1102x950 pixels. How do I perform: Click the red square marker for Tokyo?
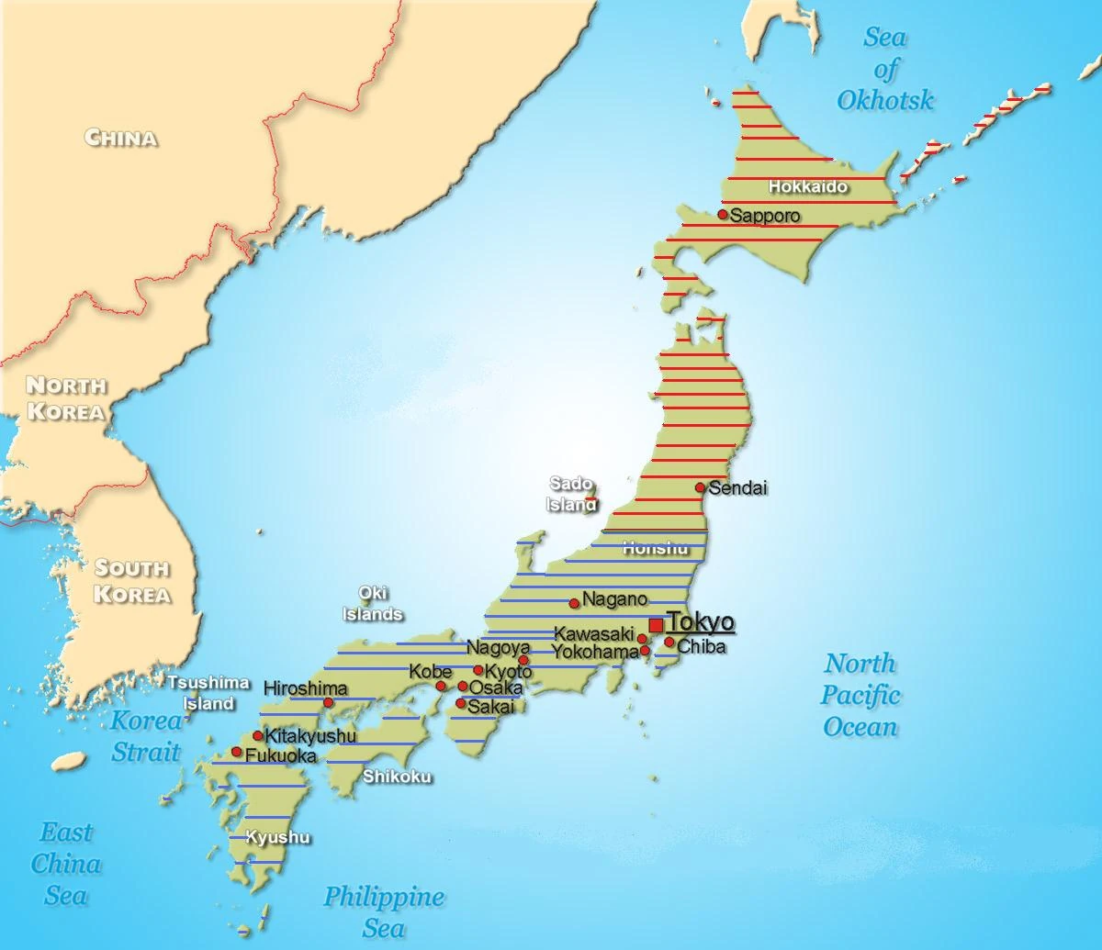point(656,625)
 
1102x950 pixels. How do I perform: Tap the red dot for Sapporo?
point(723,215)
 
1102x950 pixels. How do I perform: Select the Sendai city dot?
point(701,487)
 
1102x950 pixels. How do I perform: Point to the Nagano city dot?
point(575,603)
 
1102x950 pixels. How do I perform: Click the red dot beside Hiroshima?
point(329,703)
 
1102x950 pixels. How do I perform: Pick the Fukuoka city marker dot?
point(237,753)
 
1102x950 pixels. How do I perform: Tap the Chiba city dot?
point(669,643)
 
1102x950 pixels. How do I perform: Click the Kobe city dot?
point(441,687)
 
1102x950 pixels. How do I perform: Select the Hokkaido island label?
point(807,186)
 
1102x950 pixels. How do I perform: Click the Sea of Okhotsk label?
point(884,69)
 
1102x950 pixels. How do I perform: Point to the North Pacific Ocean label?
point(860,695)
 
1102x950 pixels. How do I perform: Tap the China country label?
point(120,138)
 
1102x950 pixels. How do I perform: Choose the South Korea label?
point(132,581)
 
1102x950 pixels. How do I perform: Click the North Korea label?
point(65,397)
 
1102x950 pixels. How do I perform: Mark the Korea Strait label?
point(146,735)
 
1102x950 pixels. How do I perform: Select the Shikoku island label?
point(397,777)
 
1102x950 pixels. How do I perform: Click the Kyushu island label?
point(277,837)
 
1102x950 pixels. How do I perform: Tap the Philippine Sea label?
point(383,911)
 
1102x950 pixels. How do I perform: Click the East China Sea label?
point(66,864)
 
